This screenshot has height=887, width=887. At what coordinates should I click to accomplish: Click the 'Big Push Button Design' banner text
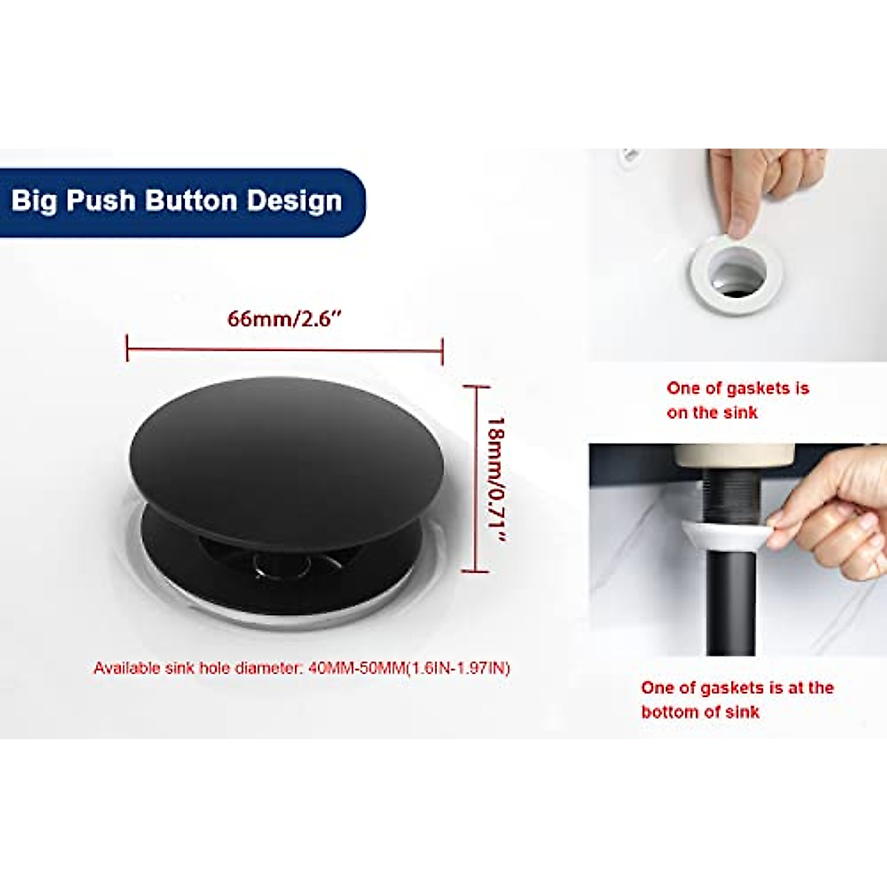[177, 201]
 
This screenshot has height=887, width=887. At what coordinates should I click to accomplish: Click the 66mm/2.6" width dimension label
[285, 319]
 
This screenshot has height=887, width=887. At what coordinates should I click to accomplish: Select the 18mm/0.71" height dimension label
[495, 480]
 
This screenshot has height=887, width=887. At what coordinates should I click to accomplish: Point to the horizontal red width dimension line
[285, 348]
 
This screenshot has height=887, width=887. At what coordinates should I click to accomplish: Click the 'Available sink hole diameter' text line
[302, 668]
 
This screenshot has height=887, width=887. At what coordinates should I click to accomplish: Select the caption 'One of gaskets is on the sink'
[737, 400]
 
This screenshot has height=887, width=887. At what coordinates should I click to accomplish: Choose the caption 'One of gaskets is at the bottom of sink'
[737, 699]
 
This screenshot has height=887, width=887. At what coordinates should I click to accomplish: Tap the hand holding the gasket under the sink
[832, 514]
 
